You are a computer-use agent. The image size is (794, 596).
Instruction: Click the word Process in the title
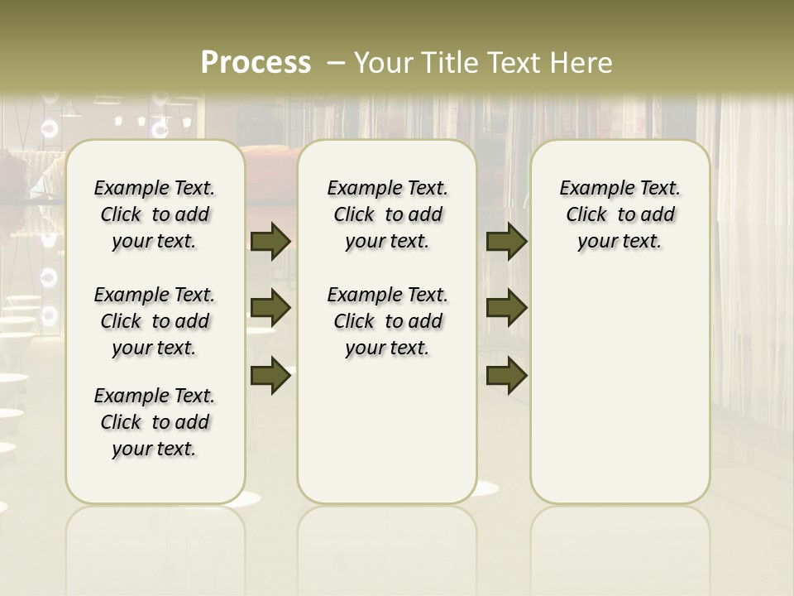(256, 62)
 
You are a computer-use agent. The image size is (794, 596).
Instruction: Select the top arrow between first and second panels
(270, 242)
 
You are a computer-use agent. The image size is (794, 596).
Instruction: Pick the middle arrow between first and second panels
(270, 308)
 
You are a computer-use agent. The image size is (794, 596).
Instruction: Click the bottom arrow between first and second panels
(270, 375)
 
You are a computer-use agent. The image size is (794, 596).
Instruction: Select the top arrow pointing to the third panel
(506, 242)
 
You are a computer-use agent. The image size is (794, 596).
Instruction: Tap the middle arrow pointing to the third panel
(506, 308)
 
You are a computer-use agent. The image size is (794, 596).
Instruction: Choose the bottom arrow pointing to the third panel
(506, 375)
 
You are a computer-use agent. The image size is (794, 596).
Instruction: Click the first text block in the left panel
(155, 214)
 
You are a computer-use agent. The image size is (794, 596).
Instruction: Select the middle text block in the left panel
(155, 321)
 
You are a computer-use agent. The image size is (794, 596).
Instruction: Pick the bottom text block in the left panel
(155, 422)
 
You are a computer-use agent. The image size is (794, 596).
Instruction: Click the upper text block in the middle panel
(388, 214)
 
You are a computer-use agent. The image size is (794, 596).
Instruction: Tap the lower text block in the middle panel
(388, 321)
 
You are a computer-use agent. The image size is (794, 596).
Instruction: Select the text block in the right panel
(620, 214)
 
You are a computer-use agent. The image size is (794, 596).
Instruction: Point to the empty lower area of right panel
(620, 389)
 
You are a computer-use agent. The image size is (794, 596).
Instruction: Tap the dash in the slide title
(335, 63)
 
